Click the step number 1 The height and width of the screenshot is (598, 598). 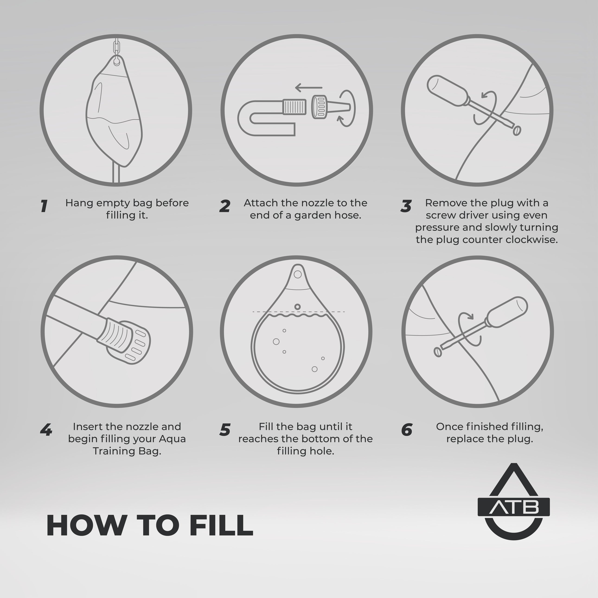[44, 206]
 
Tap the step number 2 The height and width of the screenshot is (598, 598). [225, 206]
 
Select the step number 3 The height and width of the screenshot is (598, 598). [406, 206]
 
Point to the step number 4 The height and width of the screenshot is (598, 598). [46, 430]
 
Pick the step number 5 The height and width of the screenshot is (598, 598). [225, 430]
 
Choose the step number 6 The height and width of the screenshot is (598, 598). [407, 430]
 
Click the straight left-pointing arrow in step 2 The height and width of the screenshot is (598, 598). [309, 88]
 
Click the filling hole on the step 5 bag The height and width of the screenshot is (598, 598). [297, 307]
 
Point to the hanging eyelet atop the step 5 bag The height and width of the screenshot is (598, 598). [297, 274]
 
